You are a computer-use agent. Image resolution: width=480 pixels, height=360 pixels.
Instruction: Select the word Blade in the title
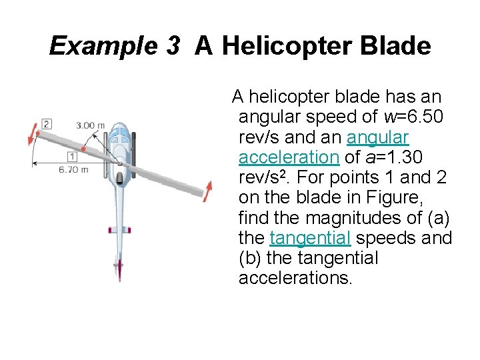[x=398, y=46]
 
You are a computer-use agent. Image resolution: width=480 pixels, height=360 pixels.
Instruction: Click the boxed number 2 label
[x=46, y=123]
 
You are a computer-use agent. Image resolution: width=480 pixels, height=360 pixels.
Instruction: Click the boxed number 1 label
[x=71, y=157]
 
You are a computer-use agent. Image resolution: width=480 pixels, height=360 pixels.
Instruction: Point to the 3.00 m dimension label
[x=90, y=125]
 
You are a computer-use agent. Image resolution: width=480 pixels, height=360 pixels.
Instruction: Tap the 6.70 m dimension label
[x=73, y=169]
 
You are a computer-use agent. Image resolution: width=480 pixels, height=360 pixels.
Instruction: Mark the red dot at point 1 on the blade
[x=83, y=149]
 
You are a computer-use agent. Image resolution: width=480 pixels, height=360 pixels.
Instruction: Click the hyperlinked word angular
[x=378, y=137]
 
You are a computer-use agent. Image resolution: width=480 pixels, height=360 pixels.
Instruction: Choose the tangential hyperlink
[x=311, y=238]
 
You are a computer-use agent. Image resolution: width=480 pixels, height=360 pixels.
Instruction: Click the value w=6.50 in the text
[x=414, y=117]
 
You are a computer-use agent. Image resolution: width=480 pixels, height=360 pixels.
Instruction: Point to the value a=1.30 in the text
[x=394, y=157]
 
